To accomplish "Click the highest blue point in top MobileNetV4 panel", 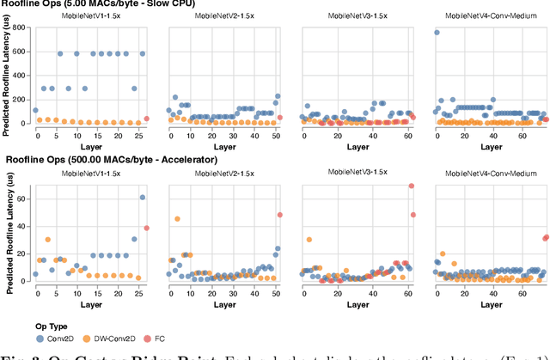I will (x=437, y=33).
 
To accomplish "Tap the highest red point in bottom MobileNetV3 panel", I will (x=412, y=186).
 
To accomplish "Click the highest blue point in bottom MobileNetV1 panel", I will (x=143, y=198).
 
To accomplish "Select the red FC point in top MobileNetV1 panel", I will (x=146, y=119).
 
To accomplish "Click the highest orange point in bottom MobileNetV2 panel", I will (x=177, y=219).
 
